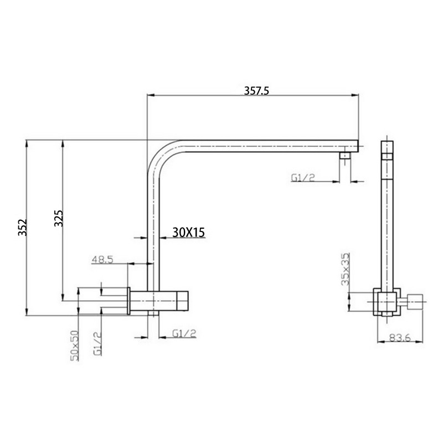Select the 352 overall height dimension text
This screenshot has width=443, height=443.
click(22, 228)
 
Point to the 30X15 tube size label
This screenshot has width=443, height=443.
click(189, 233)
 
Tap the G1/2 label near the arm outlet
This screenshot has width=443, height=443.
click(303, 177)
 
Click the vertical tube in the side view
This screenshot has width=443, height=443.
click(387, 221)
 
